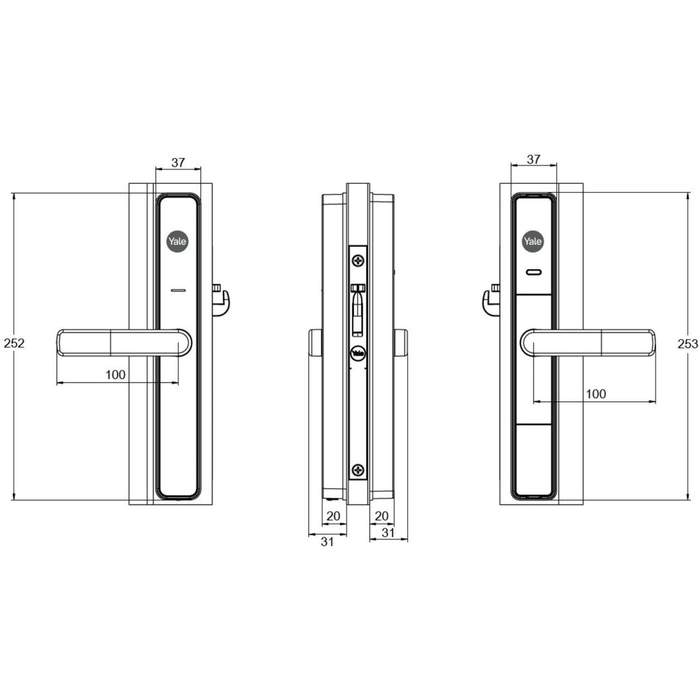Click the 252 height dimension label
(14, 343)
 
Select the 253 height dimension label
(689, 343)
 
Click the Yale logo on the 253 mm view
(533, 241)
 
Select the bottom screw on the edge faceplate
(358, 469)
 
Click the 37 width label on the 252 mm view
(178, 163)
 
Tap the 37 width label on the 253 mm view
(534, 159)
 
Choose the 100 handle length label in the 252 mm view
(116, 374)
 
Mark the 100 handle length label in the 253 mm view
(595, 394)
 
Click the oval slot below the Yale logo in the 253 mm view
(533, 273)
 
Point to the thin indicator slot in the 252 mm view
(178, 291)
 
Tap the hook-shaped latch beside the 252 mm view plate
(220, 301)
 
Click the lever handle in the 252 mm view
(123, 342)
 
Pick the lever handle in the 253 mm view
(588, 342)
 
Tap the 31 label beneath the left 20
(327, 541)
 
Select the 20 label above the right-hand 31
(382, 515)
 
